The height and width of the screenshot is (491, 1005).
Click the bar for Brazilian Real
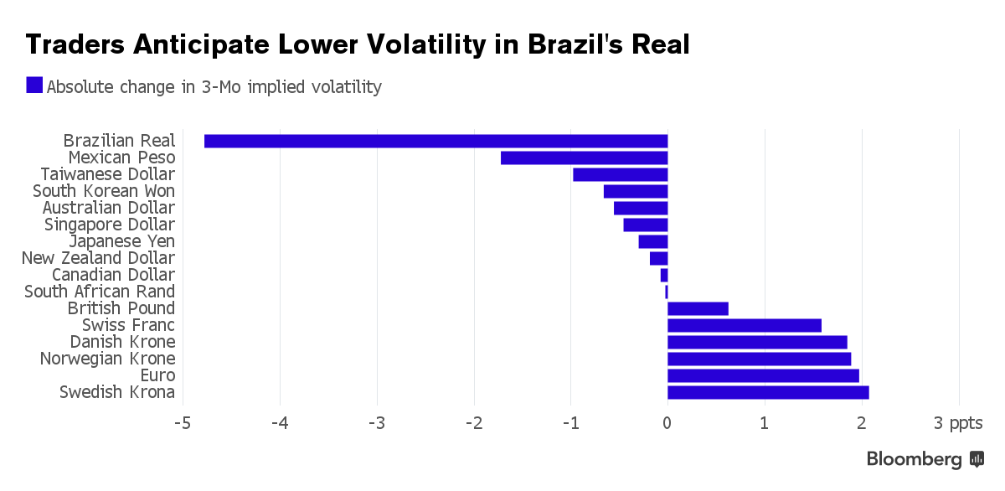pos(435,141)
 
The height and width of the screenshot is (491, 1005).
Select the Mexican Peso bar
pos(584,158)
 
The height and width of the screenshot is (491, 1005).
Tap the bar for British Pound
pos(698,308)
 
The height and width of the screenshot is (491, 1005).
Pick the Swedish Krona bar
pos(768,392)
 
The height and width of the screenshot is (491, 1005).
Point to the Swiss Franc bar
pos(745,325)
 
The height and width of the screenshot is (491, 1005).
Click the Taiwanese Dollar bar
pos(620,174)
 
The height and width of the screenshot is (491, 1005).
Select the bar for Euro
pos(763,375)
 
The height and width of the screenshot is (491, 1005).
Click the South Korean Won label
pos(104,191)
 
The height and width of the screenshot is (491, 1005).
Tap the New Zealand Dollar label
pos(98,258)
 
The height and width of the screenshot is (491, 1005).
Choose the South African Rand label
pos(100,292)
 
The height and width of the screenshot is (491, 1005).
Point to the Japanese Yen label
pos(122,241)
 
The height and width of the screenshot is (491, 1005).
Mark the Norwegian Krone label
pos(107,359)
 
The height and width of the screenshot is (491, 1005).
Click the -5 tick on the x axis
pos(182,424)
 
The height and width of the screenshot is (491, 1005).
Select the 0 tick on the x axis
pos(667,424)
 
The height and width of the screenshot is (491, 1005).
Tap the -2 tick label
pos(473,424)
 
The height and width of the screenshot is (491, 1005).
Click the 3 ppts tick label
pos(956,424)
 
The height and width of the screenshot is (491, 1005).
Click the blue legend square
pos(34,85)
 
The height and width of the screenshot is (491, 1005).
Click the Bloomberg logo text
pos(914,459)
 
